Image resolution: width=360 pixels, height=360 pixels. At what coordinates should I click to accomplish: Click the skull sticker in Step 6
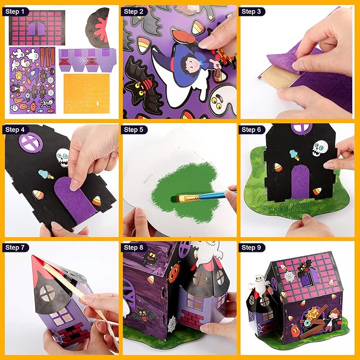click(318, 147)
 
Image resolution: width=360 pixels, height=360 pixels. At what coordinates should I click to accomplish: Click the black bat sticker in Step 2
click(139, 85)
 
